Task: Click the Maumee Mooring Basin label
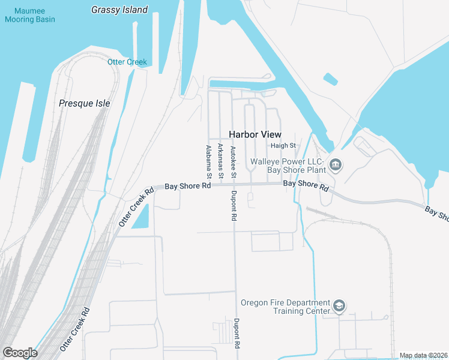tap(29, 15)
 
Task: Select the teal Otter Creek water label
tap(127, 62)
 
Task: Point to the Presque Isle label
tap(85, 103)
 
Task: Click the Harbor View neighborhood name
tap(255, 134)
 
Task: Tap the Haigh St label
tap(283, 146)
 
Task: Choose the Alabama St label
tap(208, 162)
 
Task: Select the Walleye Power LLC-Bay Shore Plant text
tap(288, 166)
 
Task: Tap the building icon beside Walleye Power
tap(336, 164)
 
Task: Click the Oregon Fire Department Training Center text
tap(285, 307)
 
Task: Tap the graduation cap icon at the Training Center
tap(339, 307)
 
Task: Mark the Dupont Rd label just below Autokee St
tap(234, 206)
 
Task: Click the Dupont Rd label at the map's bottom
tap(238, 334)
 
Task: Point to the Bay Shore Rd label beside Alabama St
tap(188, 186)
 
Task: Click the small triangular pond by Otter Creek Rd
tap(140, 221)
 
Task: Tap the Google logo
tap(20, 353)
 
